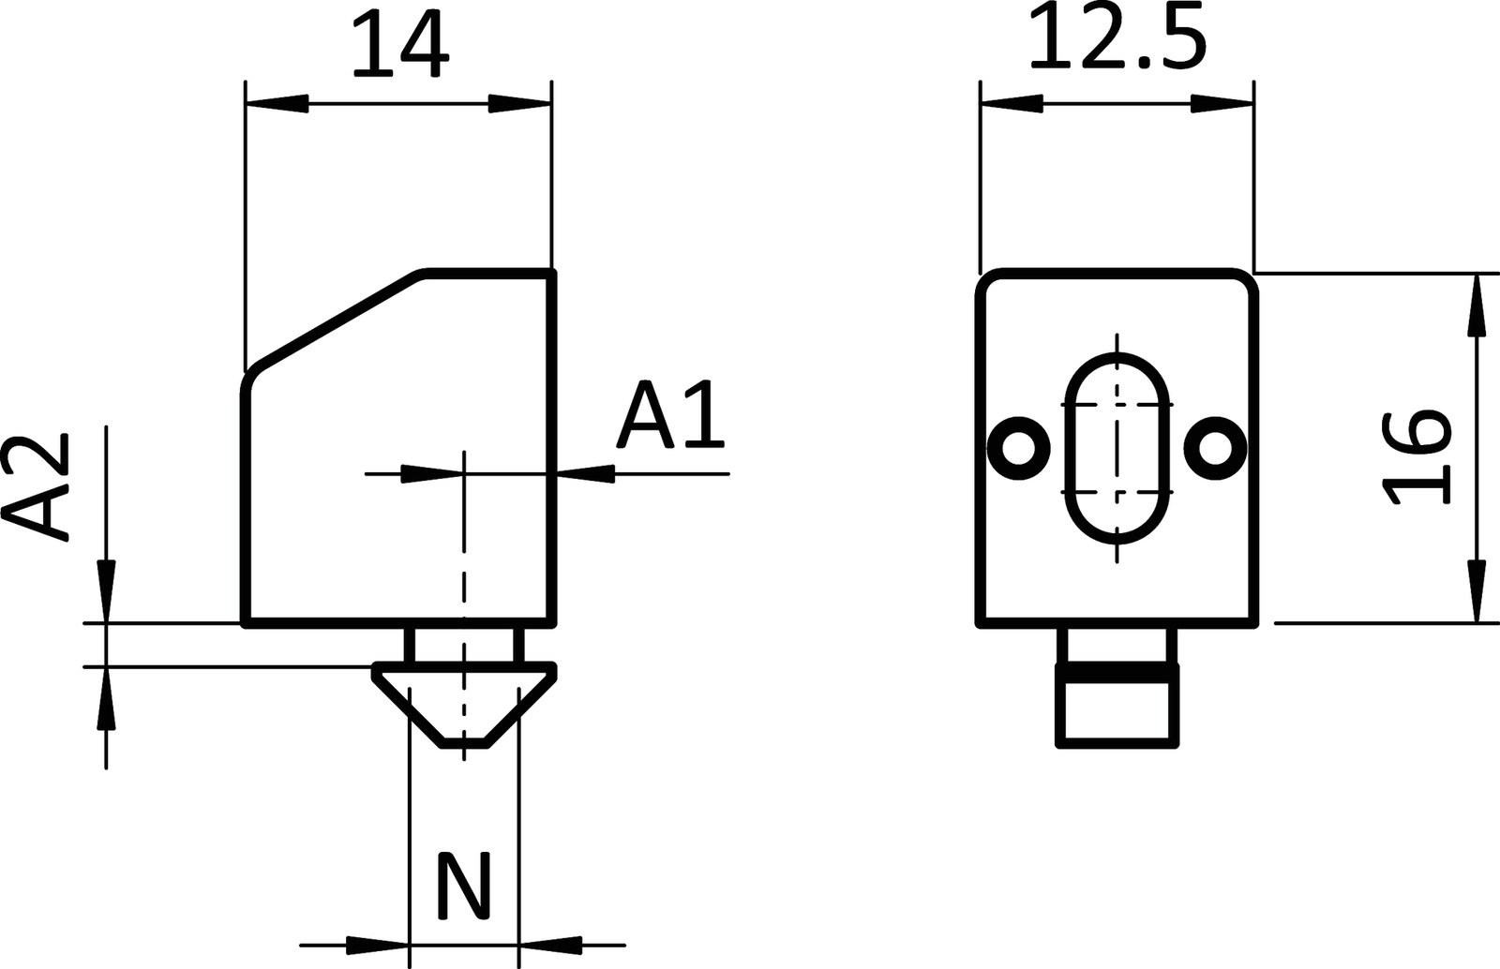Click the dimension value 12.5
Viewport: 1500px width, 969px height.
coord(1115,39)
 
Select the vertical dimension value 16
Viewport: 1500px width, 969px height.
coord(1417,457)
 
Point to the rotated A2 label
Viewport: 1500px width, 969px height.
coord(37,486)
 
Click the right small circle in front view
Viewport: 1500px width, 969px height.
coord(1216,448)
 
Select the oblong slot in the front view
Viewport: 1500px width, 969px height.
coord(1117,448)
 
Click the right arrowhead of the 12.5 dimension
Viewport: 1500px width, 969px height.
coord(1222,103)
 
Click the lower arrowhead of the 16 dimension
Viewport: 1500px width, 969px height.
coord(1477,590)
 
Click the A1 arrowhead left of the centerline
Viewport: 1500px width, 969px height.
coord(431,474)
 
